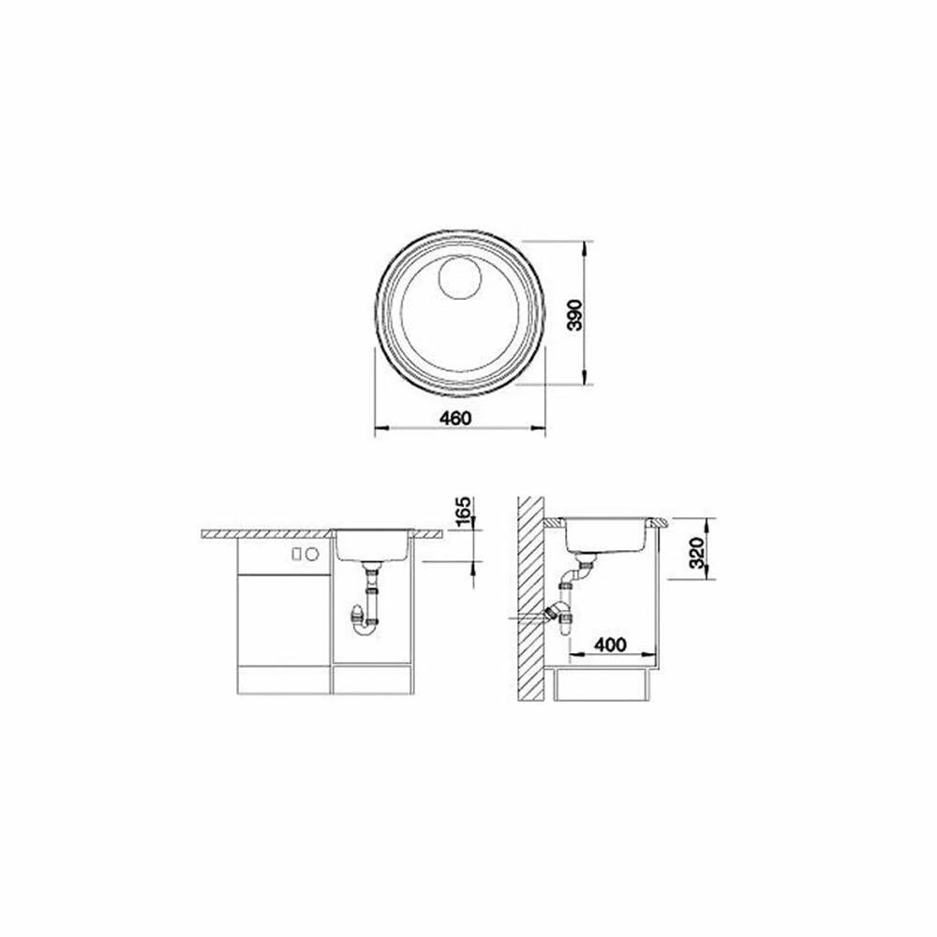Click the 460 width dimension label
[455, 418]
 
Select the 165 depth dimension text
[464, 512]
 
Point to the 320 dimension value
[696, 554]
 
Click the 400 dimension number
[610, 645]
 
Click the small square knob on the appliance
[296, 554]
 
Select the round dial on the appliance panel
[312, 554]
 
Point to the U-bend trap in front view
[365, 628]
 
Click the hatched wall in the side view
[530, 598]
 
